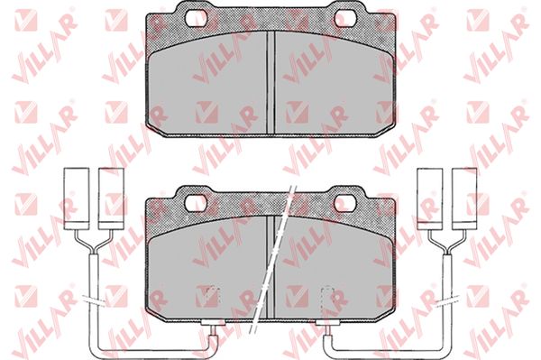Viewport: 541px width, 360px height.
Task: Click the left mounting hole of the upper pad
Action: pyautogui.click(x=196, y=16)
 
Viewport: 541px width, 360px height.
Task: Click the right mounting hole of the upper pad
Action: pyautogui.click(x=346, y=16)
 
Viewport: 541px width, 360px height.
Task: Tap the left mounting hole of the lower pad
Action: pyautogui.click(x=196, y=203)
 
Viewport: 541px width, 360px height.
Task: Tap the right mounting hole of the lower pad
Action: pyautogui.click(x=345, y=203)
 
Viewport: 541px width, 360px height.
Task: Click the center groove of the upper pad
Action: pyautogui.click(x=270, y=82)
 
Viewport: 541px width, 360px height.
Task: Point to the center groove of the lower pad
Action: pyautogui.click(x=270, y=266)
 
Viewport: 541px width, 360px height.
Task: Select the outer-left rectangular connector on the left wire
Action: pyautogui.click(x=77, y=198)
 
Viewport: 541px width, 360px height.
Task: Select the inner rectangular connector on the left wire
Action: pyautogui.click(x=111, y=198)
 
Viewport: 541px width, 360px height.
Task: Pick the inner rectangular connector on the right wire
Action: pyautogui.click(x=430, y=198)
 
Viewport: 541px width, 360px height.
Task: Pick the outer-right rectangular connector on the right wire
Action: pyautogui.click(x=464, y=198)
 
